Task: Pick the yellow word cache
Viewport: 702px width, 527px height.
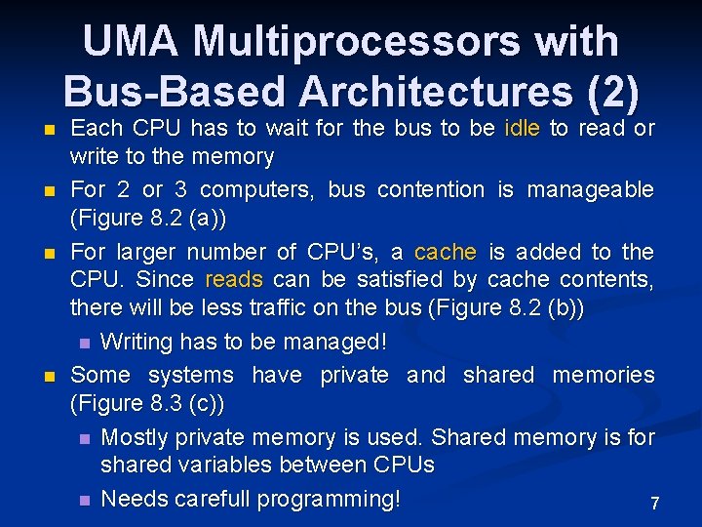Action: coord(446,252)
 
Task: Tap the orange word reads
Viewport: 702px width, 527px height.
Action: coord(234,280)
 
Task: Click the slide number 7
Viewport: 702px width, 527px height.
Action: coord(655,504)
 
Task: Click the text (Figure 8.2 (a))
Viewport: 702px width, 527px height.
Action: coord(145,218)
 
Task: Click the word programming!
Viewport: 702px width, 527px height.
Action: coord(330,500)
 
